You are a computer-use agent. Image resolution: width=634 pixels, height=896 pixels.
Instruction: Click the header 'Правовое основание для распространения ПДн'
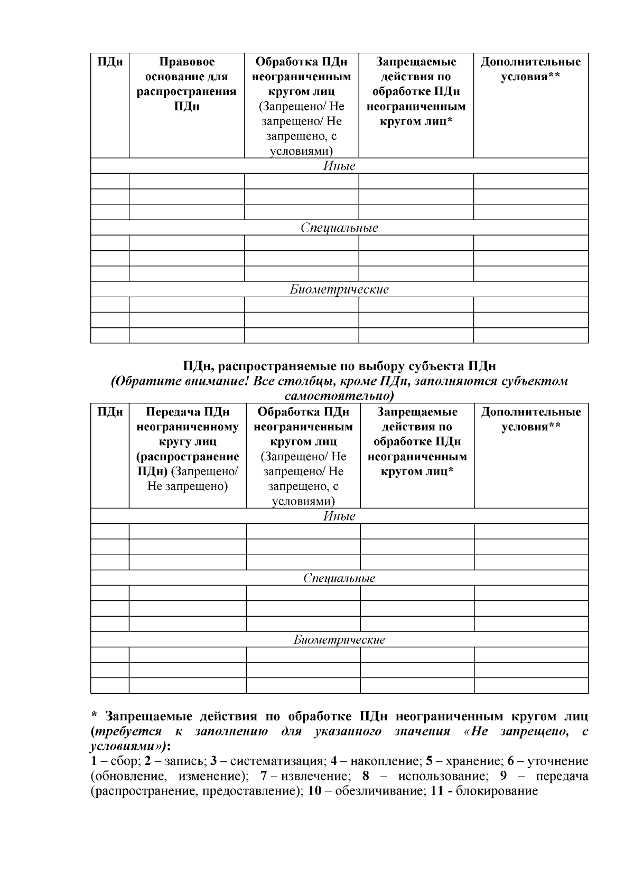pyautogui.click(x=187, y=84)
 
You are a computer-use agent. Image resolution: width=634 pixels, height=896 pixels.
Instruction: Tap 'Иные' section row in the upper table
pyautogui.click(x=339, y=166)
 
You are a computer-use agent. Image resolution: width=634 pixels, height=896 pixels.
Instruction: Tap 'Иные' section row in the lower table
pyautogui.click(x=339, y=516)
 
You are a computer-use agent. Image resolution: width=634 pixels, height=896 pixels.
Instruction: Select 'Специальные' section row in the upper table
pyautogui.click(x=339, y=228)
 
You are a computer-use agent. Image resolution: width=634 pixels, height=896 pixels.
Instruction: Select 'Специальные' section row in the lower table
pyautogui.click(x=339, y=578)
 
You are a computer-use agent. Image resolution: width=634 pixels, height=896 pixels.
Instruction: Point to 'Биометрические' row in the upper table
pyautogui.click(x=339, y=289)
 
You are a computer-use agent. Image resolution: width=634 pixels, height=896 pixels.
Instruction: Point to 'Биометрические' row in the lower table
pyautogui.click(x=339, y=640)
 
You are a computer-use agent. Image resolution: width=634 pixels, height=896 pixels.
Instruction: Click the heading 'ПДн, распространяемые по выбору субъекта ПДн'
pyautogui.click(x=339, y=366)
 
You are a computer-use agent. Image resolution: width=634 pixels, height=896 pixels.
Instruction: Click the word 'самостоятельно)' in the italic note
pyautogui.click(x=339, y=395)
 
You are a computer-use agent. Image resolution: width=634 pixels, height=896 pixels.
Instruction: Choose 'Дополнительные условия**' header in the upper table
pyautogui.click(x=530, y=69)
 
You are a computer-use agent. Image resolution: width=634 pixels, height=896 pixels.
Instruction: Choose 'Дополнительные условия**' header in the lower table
pyautogui.click(x=530, y=419)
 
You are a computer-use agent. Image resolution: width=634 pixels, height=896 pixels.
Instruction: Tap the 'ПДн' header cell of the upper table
pyautogui.click(x=110, y=62)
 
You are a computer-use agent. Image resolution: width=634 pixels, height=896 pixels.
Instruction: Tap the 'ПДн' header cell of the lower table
pyautogui.click(x=110, y=412)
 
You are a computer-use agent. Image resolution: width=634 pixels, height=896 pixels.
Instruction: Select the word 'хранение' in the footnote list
pyautogui.click(x=469, y=761)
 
